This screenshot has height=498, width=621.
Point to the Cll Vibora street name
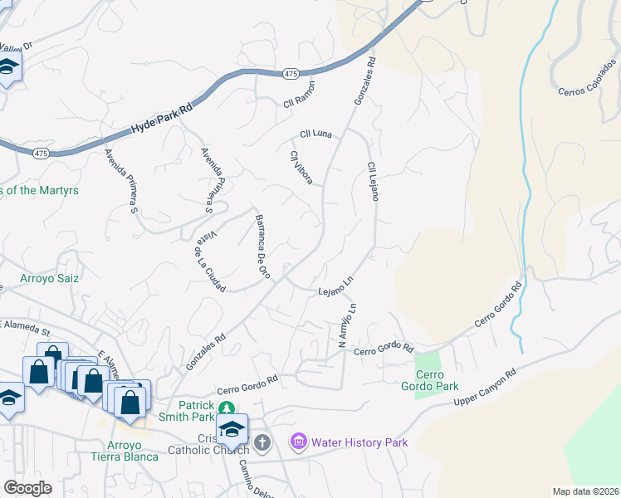(301, 168)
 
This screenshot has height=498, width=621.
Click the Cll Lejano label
(373, 182)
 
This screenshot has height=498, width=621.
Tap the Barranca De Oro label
(262, 246)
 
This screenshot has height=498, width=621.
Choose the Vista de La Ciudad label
(210, 268)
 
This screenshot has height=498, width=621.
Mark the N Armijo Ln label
(347, 325)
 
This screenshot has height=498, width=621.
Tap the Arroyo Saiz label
(49, 279)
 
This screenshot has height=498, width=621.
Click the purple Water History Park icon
(298, 442)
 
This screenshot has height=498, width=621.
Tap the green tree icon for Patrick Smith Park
(225, 407)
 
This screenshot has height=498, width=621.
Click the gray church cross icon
(262, 442)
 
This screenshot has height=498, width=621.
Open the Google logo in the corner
(27, 488)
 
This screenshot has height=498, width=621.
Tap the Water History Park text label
(359, 442)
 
